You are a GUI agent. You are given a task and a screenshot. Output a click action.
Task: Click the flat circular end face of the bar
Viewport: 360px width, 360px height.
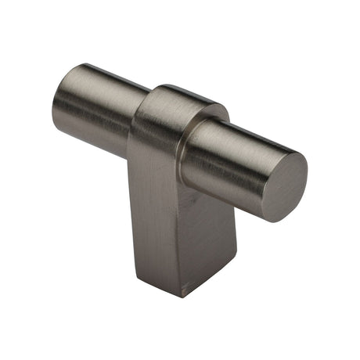point(283,187)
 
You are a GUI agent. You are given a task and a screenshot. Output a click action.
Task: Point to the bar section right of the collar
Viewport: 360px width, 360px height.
point(227,160)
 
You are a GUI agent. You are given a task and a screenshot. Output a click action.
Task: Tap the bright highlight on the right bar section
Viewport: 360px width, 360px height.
point(235,141)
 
